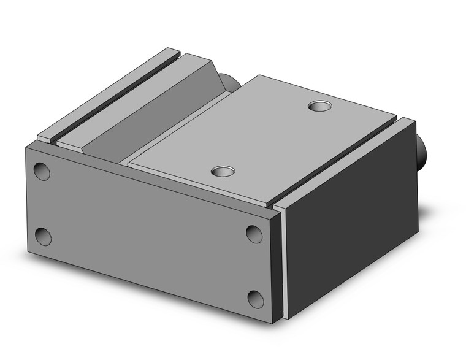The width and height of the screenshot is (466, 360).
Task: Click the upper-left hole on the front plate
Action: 42,171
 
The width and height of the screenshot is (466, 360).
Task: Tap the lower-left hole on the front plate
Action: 43,236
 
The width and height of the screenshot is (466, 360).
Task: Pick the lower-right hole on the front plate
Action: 256,299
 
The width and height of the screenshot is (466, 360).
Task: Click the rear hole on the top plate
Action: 318,107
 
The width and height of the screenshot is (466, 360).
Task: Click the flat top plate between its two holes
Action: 270,138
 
